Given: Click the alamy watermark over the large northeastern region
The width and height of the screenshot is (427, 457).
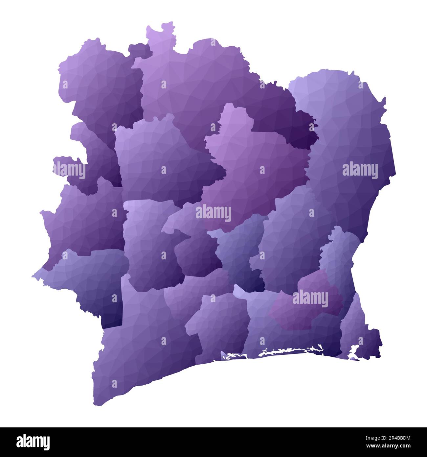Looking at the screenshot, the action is [x=360, y=171].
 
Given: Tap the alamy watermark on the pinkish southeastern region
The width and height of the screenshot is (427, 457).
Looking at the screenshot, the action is [x=310, y=299].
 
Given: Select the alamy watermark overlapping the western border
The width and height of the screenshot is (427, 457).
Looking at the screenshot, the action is [x=69, y=170].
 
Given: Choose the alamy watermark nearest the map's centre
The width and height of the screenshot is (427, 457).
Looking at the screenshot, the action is [x=213, y=213].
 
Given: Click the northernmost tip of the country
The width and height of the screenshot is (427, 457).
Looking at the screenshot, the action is [x=170, y=23].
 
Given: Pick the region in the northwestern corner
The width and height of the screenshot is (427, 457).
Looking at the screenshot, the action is [x=99, y=82].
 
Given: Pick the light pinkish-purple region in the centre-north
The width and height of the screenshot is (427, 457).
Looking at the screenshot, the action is [x=256, y=164].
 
